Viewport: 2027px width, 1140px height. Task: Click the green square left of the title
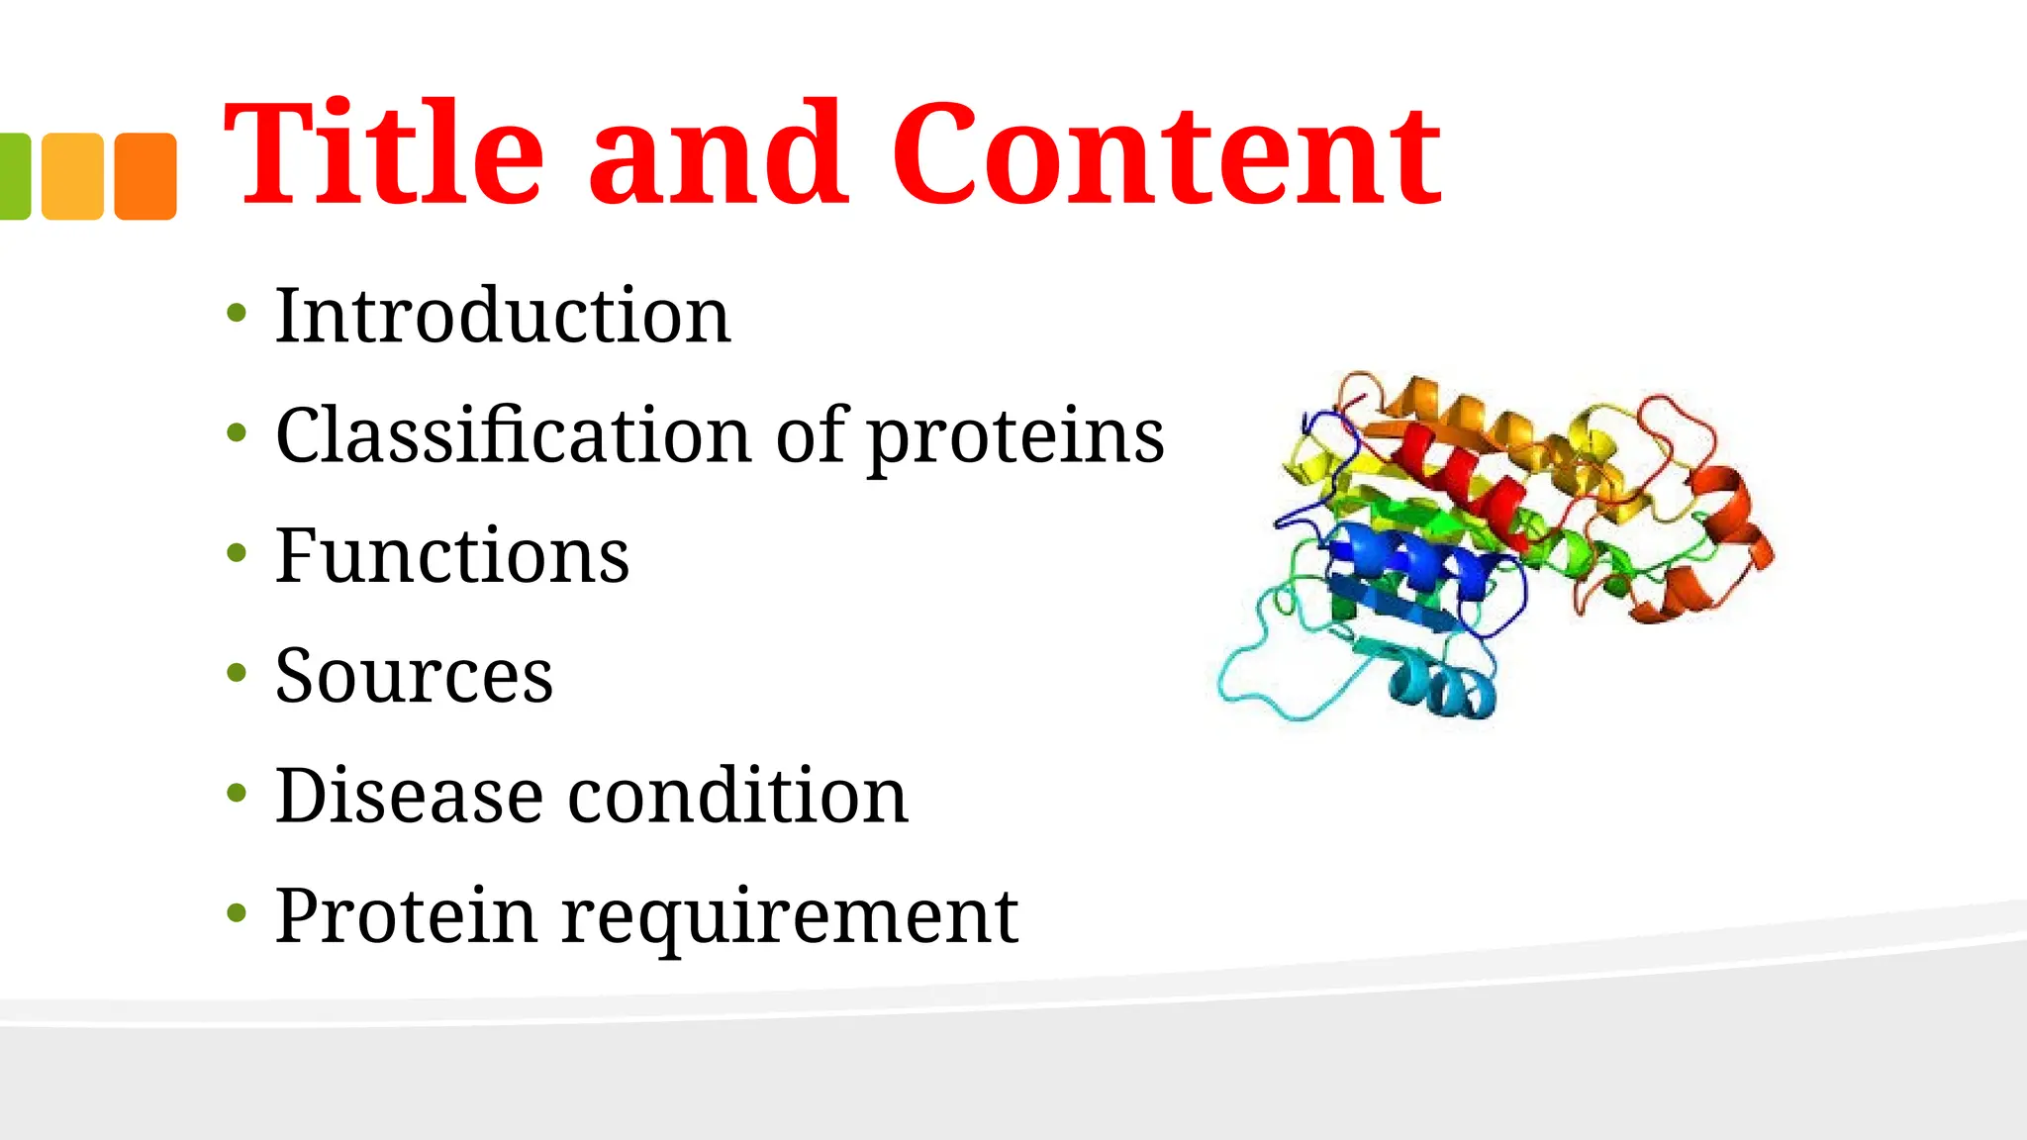pyautogui.click(x=14, y=176)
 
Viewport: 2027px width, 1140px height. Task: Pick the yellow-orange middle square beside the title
pyautogui.click(x=72, y=176)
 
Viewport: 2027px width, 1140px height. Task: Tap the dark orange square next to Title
pyautogui.click(x=145, y=176)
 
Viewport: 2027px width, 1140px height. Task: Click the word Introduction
pyautogui.click(x=503, y=316)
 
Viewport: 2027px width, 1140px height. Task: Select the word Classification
pyautogui.click(x=513, y=435)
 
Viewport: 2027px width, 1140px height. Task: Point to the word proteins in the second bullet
pyautogui.click(x=1015, y=437)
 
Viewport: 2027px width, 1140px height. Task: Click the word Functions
pyautogui.click(x=451, y=556)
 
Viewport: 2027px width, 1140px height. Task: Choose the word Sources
pyautogui.click(x=414, y=676)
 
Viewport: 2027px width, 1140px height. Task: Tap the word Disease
pyautogui.click(x=409, y=796)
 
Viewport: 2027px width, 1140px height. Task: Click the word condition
pyautogui.click(x=737, y=796)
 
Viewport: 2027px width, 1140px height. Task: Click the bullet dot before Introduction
pyautogui.click(x=236, y=314)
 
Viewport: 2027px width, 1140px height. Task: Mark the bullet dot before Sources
pyautogui.click(x=236, y=673)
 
